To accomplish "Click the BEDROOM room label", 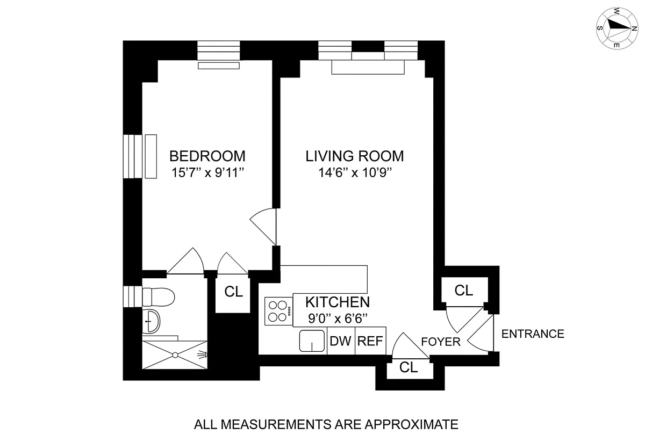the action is click(207, 156).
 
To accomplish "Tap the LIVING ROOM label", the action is click(354, 156).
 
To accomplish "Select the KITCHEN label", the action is click(338, 302).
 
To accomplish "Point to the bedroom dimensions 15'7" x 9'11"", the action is click(207, 172).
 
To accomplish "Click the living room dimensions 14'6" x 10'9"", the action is click(355, 172).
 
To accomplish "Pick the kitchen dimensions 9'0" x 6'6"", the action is click(338, 319).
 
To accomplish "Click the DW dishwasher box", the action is click(341, 341).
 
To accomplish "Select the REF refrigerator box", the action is click(370, 341).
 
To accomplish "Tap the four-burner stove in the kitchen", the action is click(278, 312).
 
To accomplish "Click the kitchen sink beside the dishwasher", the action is click(312, 341).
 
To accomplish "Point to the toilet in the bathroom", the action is click(158, 297).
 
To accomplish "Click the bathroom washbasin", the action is click(151, 321).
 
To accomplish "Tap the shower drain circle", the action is click(175, 356).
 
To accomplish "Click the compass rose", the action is click(617, 28).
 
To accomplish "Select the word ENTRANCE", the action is click(533, 334).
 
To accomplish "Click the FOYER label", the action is click(441, 342).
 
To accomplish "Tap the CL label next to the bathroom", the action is click(233, 292).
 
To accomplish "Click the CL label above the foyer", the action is click(463, 291).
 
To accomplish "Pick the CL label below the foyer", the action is click(408, 367).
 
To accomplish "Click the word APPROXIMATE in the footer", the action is click(412, 424).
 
